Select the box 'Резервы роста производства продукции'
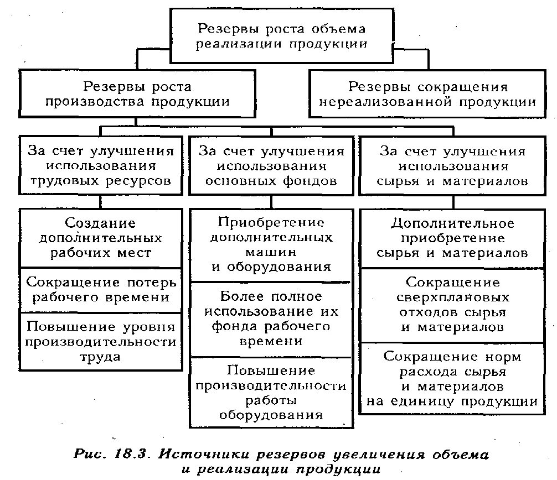[138, 94]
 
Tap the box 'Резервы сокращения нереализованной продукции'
[427, 94]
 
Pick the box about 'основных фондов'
[271, 165]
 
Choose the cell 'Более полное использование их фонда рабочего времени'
[271, 319]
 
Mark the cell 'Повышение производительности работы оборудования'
[271, 392]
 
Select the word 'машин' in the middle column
[271, 252]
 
